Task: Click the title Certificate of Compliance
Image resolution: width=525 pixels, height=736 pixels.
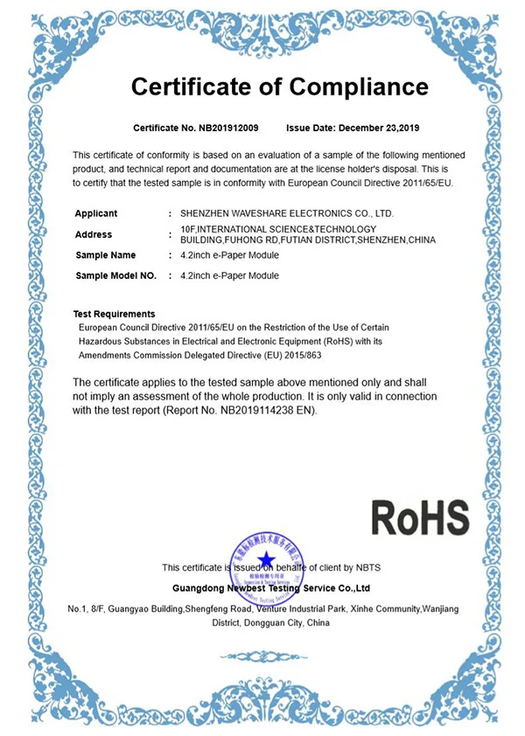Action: (279, 87)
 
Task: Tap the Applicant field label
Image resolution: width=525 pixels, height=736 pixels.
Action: (96, 213)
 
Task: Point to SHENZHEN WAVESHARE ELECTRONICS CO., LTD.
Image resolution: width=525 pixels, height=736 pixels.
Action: (287, 213)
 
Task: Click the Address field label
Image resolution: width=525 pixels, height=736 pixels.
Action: (94, 234)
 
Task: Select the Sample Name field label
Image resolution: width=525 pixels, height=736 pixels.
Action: (106, 255)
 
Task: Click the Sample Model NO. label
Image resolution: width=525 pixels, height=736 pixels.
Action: (116, 275)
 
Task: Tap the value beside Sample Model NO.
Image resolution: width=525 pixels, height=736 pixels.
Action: (229, 275)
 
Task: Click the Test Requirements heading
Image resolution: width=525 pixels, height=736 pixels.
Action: (115, 314)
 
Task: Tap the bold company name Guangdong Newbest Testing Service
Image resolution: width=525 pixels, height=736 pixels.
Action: (272, 588)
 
